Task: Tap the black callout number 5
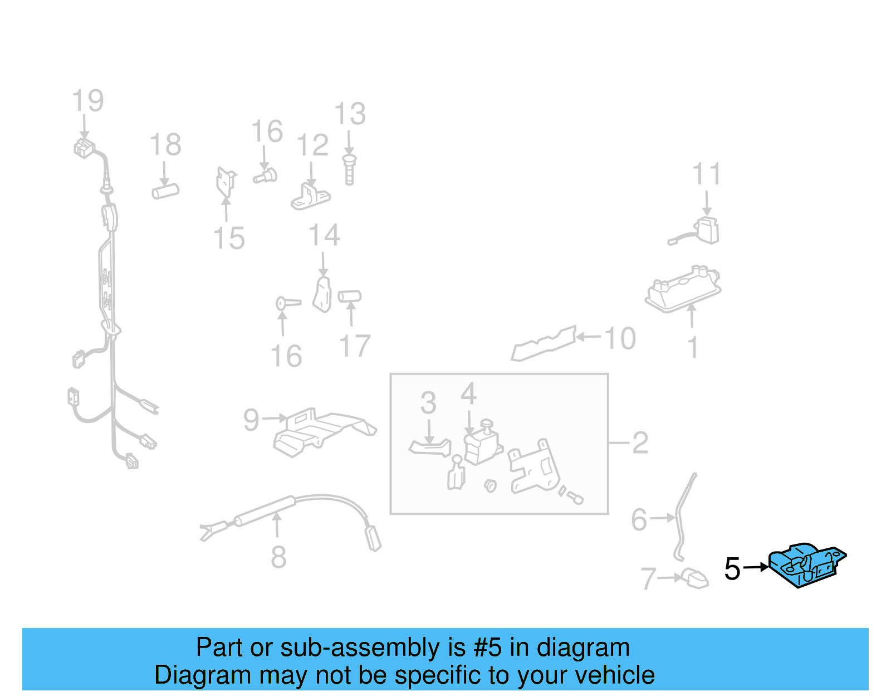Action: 732,569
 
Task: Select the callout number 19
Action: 88,101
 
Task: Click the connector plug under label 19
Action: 84,148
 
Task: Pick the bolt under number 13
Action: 349,169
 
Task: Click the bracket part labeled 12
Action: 311,197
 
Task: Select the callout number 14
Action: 324,235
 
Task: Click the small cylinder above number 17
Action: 350,296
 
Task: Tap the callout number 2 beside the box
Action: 640,443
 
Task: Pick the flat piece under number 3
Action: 430,447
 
